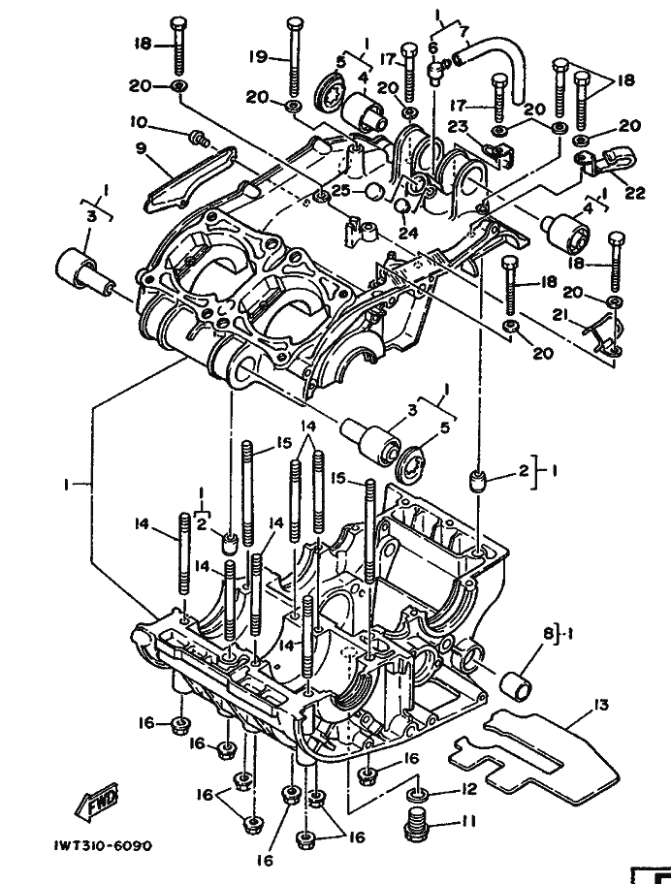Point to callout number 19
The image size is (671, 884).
pos(257,57)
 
